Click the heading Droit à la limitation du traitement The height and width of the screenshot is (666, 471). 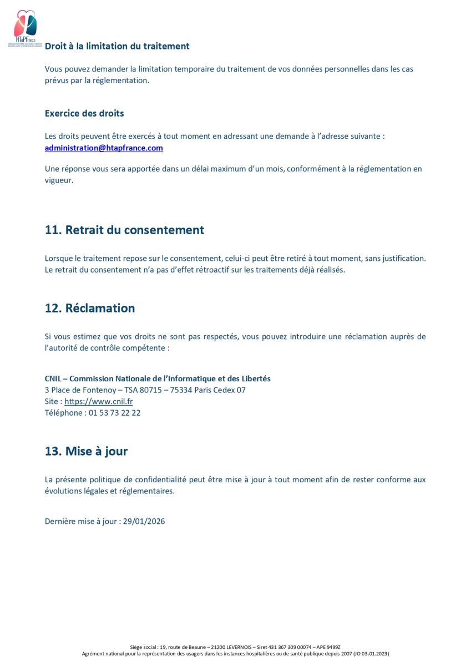click(x=117, y=46)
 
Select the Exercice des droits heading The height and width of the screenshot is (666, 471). click(x=84, y=113)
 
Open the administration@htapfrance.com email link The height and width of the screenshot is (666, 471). click(x=104, y=148)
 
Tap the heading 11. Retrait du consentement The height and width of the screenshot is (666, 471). click(x=124, y=230)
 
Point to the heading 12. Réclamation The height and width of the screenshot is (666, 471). click(x=90, y=308)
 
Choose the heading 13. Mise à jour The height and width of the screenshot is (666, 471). click(x=86, y=451)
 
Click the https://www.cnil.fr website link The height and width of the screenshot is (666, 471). click(x=99, y=401)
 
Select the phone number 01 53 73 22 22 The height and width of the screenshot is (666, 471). click(x=115, y=413)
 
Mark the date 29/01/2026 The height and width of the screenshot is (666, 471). click(x=144, y=521)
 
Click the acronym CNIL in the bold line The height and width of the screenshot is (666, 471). click(x=53, y=379)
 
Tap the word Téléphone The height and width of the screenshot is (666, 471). click(x=64, y=413)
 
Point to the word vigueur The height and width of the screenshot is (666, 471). click(x=59, y=180)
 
